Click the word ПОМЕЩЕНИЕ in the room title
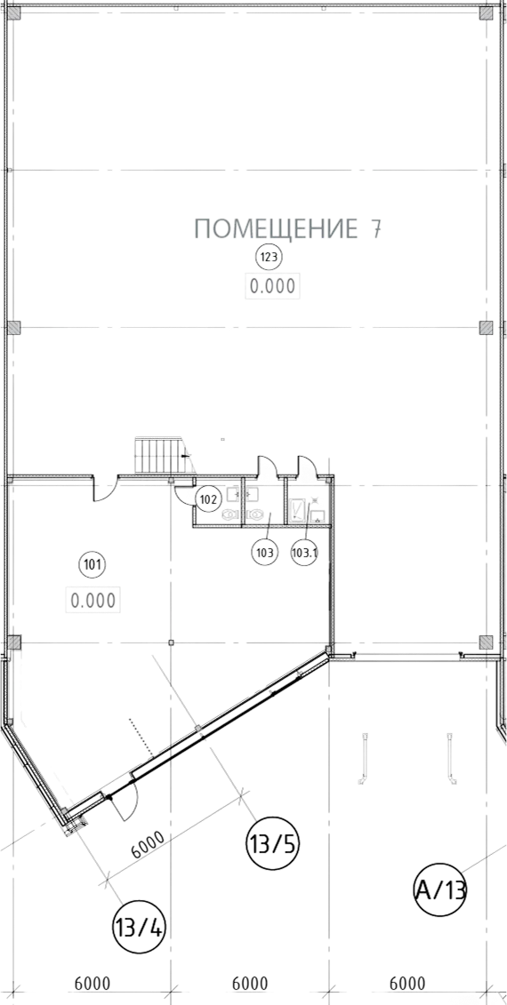[276, 229]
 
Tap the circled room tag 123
[269, 258]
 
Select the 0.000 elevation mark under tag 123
[273, 286]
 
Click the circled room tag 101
[91, 564]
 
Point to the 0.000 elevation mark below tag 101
[93, 601]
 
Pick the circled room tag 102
[208, 498]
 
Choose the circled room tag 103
[265, 551]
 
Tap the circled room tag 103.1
[305, 551]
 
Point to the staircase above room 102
[159, 456]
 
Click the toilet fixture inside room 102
[230, 514]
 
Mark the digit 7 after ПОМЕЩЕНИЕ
[375, 229]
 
